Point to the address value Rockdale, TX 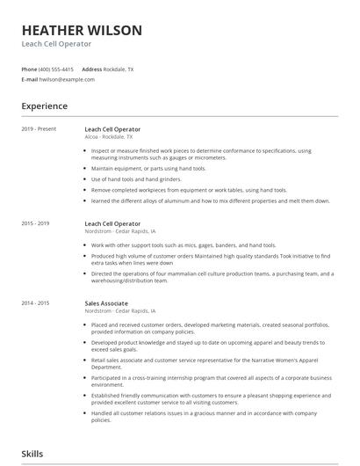[119, 69]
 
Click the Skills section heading [33, 454]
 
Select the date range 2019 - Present [39, 129]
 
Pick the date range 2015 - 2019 [36, 224]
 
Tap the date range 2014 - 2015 [36, 303]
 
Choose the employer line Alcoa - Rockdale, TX [109, 137]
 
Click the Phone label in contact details [29, 69]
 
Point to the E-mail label [30, 79]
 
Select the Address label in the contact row [91, 69]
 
